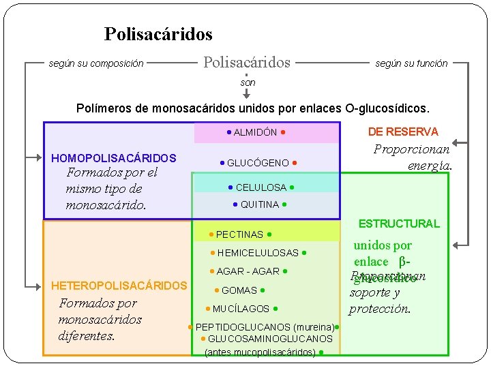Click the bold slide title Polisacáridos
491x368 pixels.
click(158, 34)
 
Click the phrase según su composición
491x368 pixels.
click(96, 64)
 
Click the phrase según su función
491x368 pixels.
click(411, 63)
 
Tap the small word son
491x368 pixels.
click(248, 82)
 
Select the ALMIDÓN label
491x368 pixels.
click(255, 132)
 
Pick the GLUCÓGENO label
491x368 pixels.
click(258, 163)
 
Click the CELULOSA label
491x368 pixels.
click(261, 187)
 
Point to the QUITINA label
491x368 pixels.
click(260, 204)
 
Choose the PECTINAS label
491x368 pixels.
click(239, 234)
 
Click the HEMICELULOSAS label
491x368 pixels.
click(258, 253)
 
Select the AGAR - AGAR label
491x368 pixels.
click(248, 271)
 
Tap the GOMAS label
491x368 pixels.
click(239, 290)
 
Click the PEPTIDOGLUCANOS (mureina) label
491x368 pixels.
click(264, 327)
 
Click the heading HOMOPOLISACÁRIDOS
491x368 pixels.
click(114, 158)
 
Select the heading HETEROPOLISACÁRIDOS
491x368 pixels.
click(119, 286)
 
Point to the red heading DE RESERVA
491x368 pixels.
click(403, 132)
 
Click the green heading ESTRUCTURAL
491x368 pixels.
click(399, 224)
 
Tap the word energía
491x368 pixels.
click(430, 166)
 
